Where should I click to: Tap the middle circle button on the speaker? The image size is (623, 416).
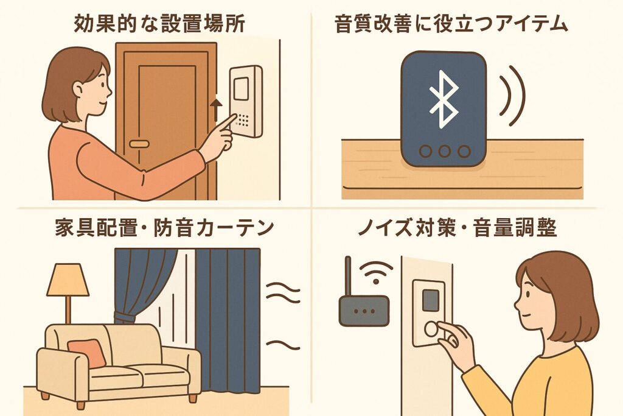click(444, 152)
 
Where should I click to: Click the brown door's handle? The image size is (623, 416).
click(139, 144)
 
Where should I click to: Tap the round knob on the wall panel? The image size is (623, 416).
click(432, 329)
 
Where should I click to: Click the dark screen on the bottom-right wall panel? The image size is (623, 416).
click(431, 298)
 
